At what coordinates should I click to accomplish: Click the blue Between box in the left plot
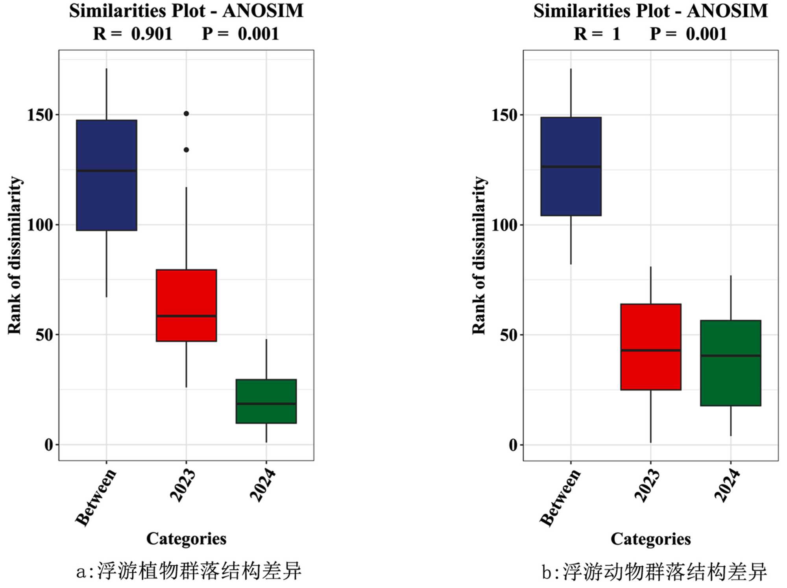pos(107,175)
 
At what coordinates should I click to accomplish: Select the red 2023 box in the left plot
pos(186,305)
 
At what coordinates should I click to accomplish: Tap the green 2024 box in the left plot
pos(266,401)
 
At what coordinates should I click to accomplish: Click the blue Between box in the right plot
pos(571,166)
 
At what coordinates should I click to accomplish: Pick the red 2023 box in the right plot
pos(651,347)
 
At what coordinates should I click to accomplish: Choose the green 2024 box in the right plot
pos(731,363)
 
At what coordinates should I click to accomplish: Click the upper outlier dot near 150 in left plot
pos(187,114)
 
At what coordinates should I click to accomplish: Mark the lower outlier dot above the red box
pos(187,150)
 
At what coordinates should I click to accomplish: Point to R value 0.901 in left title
pos(152,34)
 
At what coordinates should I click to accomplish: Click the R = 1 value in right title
pos(616,34)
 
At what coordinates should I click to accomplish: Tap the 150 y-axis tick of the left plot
pos(40,115)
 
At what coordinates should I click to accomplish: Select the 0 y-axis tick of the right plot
pos(513,445)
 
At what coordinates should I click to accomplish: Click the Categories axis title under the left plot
pos(186,538)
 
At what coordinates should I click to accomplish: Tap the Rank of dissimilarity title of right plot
pos(479,255)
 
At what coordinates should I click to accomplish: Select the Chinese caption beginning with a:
pos(189,571)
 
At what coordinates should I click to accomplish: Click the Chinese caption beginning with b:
pos(654,571)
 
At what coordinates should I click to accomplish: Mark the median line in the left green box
pos(266,404)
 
